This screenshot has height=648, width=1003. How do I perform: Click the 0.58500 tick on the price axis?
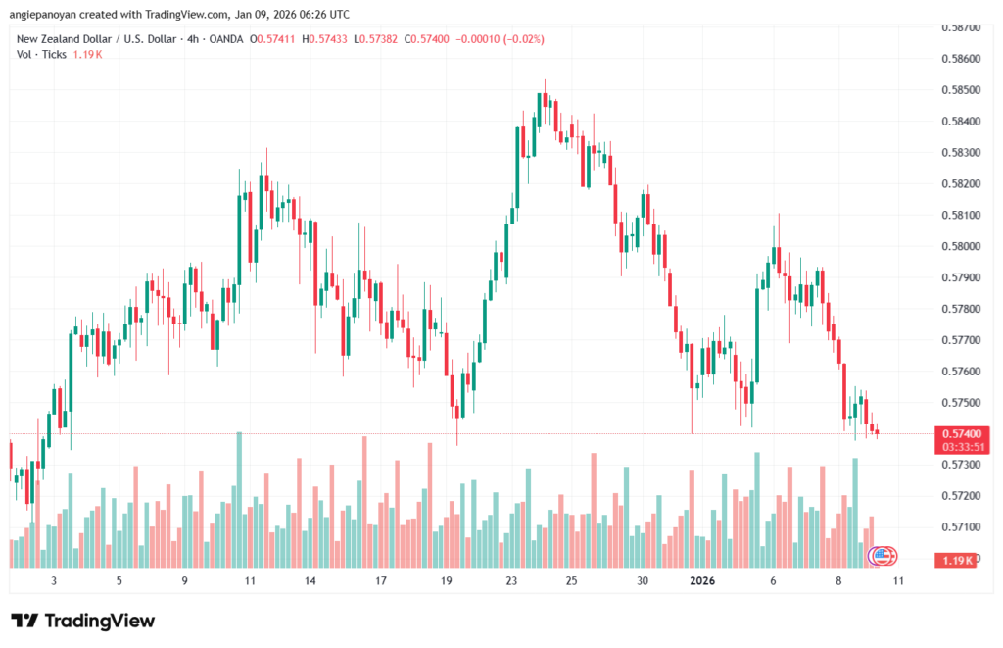(x=960, y=90)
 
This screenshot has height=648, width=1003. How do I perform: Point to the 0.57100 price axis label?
(x=960, y=527)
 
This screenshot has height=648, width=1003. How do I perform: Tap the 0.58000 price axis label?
(x=960, y=246)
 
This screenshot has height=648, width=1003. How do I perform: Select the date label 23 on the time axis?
(x=511, y=580)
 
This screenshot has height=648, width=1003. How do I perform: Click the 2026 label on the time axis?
(x=701, y=580)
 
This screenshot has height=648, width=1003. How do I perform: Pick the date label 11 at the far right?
(x=898, y=580)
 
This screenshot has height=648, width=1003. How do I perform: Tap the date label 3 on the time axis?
(x=54, y=580)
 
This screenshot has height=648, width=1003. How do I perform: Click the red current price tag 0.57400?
(x=960, y=433)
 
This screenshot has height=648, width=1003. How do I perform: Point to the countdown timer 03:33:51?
(x=960, y=446)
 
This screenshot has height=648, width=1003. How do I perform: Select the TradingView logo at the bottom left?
(x=83, y=621)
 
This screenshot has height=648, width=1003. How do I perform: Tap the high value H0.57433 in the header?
(x=327, y=39)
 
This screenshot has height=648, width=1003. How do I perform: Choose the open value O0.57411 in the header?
(x=275, y=39)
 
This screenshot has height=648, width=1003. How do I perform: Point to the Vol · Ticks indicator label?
(x=40, y=55)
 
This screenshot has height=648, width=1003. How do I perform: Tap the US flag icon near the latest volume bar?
(x=883, y=555)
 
